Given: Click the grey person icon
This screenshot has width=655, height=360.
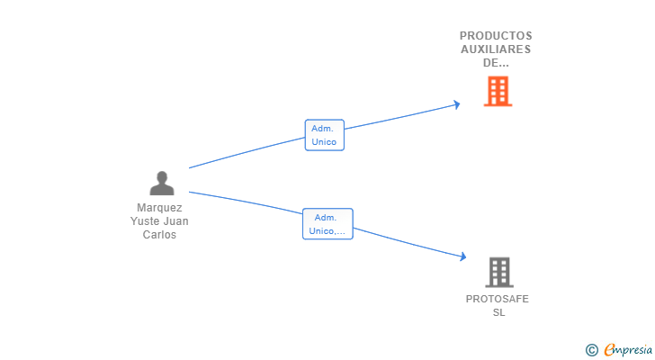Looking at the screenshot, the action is [x=162, y=184].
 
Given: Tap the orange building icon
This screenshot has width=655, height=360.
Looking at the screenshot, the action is [x=498, y=91].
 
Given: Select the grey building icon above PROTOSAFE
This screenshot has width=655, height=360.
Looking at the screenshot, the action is [x=499, y=273].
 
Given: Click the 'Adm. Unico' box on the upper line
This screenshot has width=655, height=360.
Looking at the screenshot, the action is [x=325, y=135].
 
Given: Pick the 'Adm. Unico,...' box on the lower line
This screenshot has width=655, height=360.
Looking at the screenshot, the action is [x=327, y=224].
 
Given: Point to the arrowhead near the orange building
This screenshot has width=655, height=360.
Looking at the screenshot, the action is [x=457, y=104].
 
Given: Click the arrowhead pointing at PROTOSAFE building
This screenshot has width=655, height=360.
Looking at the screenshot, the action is [x=463, y=256].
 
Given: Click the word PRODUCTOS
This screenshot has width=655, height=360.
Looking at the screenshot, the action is [x=496, y=36].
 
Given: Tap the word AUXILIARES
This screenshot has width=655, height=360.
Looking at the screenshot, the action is [x=496, y=49].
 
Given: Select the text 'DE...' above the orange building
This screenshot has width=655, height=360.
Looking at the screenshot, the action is [x=496, y=63].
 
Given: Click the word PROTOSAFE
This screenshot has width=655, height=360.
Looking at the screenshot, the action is [x=498, y=299].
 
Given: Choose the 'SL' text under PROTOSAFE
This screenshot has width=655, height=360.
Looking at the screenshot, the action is [x=498, y=312].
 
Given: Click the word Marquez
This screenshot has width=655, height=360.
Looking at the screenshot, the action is [x=159, y=208].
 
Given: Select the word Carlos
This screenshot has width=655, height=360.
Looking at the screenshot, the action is [x=159, y=235].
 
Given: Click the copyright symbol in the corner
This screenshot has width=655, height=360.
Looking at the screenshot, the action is [x=591, y=350].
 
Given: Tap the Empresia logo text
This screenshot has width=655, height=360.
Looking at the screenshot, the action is [x=628, y=350].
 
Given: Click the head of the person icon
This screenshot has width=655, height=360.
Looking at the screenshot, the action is [x=162, y=177].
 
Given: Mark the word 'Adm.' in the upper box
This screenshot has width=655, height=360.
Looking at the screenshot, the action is [x=322, y=129].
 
